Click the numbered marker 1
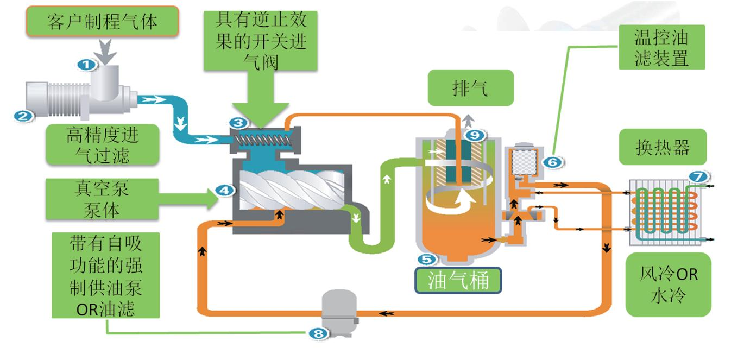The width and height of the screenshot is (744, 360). pyautogui.click(x=86, y=65)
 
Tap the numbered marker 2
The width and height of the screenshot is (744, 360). pyautogui.click(x=24, y=115)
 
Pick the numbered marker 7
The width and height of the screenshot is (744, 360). pyautogui.click(x=697, y=176)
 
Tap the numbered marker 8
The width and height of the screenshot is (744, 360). pyautogui.click(x=319, y=333)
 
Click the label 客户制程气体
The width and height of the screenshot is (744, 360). pyautogui.click(x=103, y=22)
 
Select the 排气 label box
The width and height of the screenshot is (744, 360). pyautogui.click(x=470, y=87)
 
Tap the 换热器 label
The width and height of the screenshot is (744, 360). pyautogui.click(x=663, y=147)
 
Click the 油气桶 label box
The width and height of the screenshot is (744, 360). pyautogui.click(x=458, y=280)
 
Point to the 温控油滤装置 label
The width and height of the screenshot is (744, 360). pyautogui.click(x=661, y=47)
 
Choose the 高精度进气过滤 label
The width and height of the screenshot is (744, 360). pyautogui.click(x=102, y=144)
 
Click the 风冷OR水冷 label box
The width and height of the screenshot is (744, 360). pyautogui.click(x=668, y=284)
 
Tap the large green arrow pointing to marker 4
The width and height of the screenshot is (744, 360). pyautogui.click(x=185, y=199)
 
